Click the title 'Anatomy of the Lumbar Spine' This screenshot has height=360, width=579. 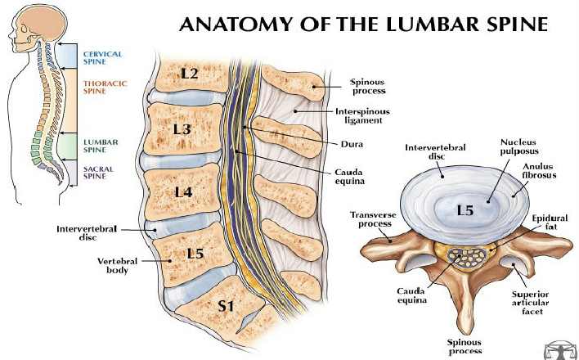click(362, 24)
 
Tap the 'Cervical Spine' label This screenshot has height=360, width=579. click(102, 58)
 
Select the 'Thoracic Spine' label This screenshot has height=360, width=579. click(103, 86)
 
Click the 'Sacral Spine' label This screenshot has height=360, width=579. click(100, 171)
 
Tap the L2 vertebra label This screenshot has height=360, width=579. click(190, 74)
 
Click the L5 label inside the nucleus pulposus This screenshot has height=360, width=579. click(465, 210)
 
